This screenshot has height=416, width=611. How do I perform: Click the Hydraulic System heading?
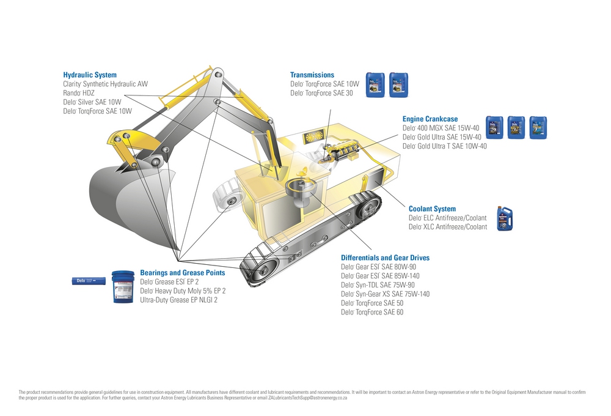pyautogui.click(x=90, y=75)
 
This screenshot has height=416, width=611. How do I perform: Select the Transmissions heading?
pyautogui.click(x=312, y=75)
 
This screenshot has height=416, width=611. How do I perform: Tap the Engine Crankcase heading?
pyautogui.click(x=430, y=119)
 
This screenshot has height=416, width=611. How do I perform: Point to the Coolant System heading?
pyautogui.click(x=432, y=209)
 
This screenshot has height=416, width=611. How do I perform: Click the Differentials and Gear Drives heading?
pyautogui.click(x=385, y=258)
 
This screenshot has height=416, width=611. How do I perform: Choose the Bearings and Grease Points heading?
pyautogui.click(x=182, y=273)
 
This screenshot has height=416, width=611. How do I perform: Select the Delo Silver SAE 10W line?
pyautogui.click(x=92, y=102)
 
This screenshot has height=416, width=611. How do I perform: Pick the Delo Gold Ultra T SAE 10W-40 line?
pyautogui.click(x=445, y=146)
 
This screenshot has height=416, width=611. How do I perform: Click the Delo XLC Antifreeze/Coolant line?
pyautogui.click(x=448, y=227)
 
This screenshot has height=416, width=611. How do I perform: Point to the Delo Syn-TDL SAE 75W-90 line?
pyautogui.click(x=378, y=285)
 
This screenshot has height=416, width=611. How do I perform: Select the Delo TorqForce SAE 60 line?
pyautogui.click(x=372, y=313)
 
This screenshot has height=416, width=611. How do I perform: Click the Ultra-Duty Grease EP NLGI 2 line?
pyautogui.click(x=179, y=300)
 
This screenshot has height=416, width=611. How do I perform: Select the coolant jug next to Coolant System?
pyautogui.click(x=504, y=218)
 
